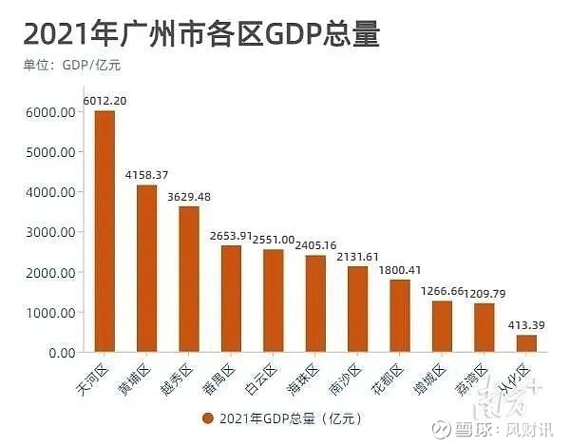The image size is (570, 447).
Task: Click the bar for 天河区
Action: coord(104,231)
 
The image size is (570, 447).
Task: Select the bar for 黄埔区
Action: coord(146,268)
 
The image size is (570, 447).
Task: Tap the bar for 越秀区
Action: coord(189,279)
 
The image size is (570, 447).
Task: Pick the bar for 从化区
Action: coord(526,343)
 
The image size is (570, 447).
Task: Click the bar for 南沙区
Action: coord(357,309)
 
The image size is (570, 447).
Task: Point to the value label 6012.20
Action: coord(105,100)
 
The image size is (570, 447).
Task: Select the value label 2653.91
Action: coord(231,235)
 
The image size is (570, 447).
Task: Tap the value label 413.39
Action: coord(526,324)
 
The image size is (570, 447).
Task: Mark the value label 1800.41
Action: coord(400,269)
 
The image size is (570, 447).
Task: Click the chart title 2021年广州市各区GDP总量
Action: coord(201,35)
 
